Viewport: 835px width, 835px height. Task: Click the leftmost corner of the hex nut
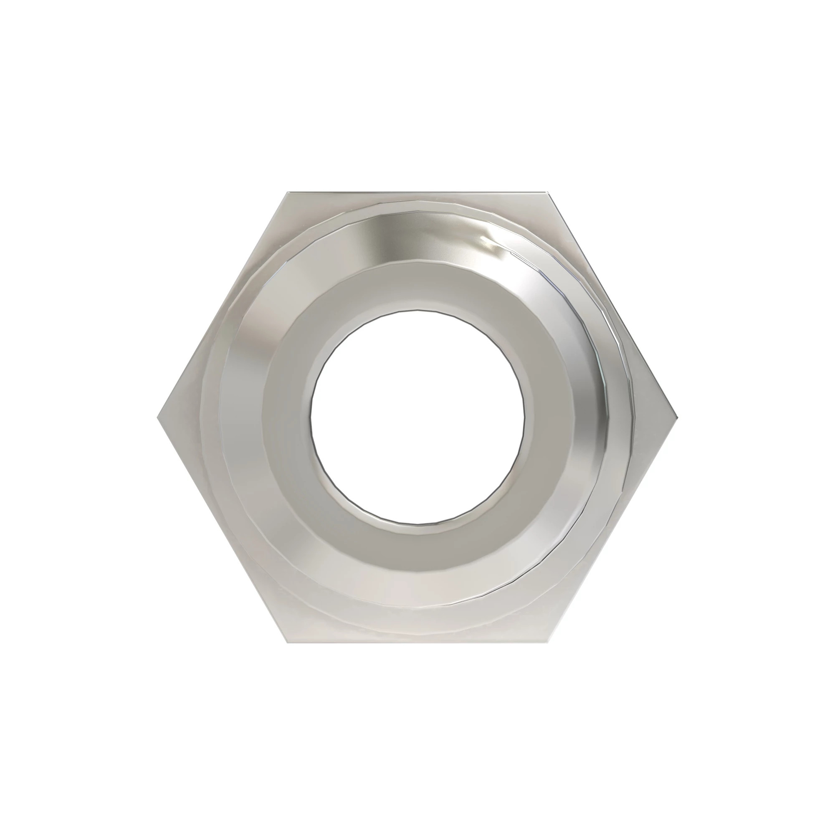(157, 418)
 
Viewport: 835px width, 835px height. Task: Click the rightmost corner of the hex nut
(677, 418)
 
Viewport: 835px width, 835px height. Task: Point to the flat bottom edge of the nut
(417, 642)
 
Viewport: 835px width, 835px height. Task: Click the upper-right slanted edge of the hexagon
(612, 305)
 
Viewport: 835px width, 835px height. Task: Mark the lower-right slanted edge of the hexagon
(612, 530)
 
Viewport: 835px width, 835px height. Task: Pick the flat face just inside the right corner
(653, 418)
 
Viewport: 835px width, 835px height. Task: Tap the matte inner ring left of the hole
(285, 418)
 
